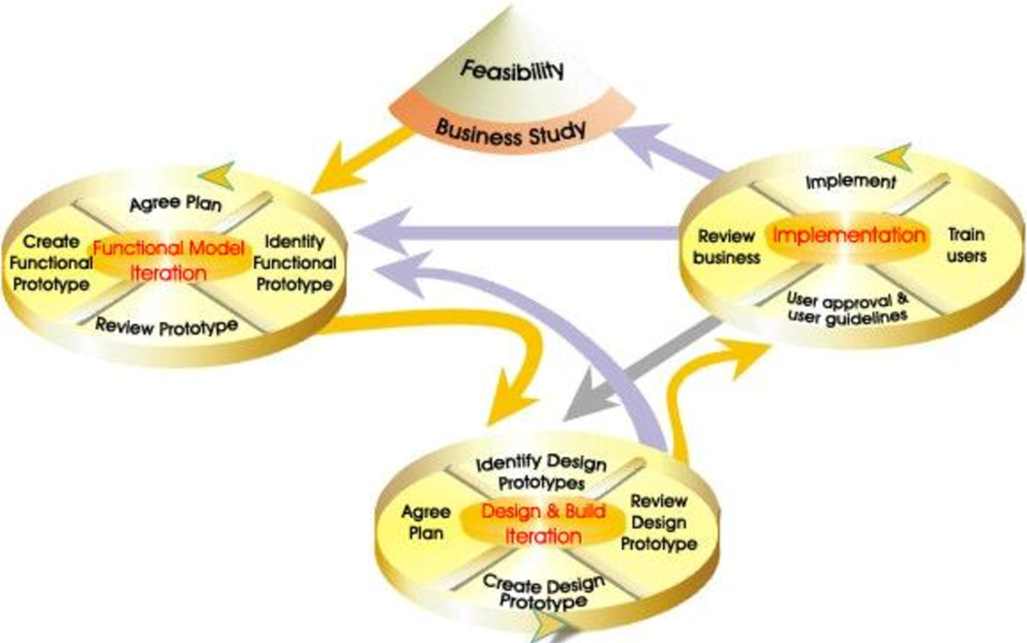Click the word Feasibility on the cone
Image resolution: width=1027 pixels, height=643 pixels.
point(512,70)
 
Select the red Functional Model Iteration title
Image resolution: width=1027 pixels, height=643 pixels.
point(168,260)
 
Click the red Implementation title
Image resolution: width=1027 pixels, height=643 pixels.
point(849,234)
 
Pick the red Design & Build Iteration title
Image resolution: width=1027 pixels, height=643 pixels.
point(543,524)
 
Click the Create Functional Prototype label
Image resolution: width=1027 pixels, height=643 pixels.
point(50,262)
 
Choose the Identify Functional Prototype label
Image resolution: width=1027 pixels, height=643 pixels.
point(294,262)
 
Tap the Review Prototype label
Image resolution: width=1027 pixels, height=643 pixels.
point(166,325)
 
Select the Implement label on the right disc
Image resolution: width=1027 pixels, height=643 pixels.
point(850,181)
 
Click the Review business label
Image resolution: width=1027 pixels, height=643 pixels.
point(726,246)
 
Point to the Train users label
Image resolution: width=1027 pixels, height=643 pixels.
point(966,245)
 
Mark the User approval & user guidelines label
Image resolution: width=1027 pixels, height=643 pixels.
point(848,307)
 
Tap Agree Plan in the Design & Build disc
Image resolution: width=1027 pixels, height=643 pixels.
point(426,522)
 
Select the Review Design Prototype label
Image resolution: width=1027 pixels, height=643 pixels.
point(658,522)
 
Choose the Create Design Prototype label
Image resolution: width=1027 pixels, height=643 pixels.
point(544,592)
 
